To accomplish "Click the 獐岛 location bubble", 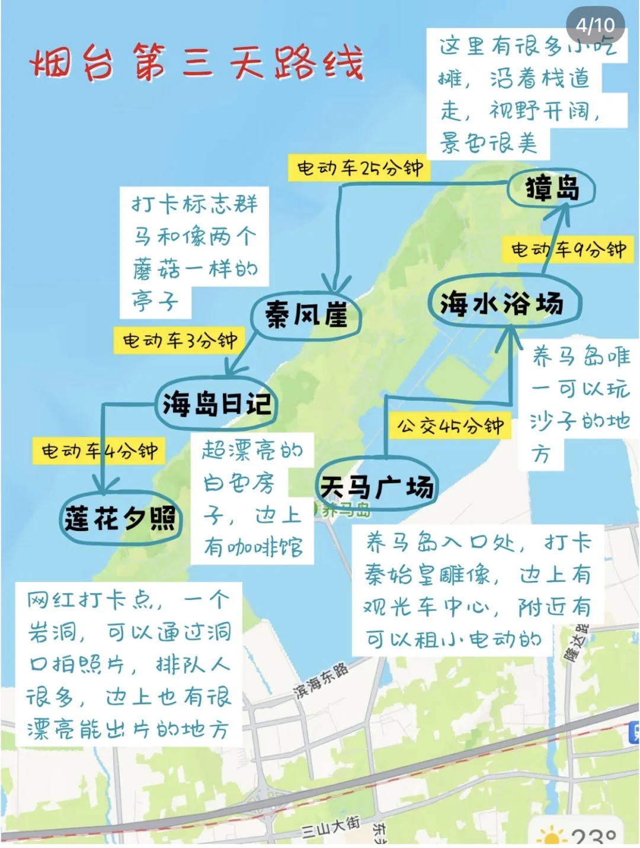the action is pyautogui.click(x=552, y=189).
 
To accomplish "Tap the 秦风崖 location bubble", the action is pyautogui.click(x=306, y=314).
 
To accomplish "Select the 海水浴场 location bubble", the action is pyautogui.click(x=503, y=304).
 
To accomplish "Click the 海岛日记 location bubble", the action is pyautogui.click(x=217, y=404).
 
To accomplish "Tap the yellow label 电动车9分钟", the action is pyautogui.click(x=568, y=249).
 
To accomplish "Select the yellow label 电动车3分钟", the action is pyautogui.click(x=180, y=341).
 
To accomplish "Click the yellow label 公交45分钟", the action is pyautogui.click(x=450, y=425).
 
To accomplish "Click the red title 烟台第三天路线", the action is pyautogui.click(x=196, y=62).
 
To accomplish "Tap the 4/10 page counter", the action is pyautogui.click(x=595, y=25).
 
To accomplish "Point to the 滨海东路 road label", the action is pyautogui.click(x=321, y=682).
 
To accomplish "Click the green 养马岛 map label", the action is pyautogui.click(x=346, y=510).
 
